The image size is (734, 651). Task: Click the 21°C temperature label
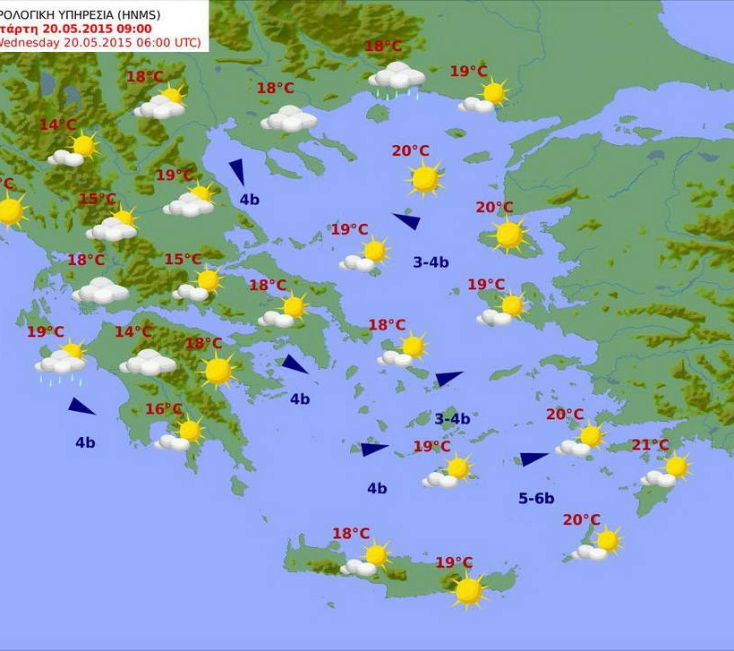point(650,445)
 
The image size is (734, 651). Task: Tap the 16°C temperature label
point(164,409)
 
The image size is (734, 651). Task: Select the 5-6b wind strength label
point(536,498)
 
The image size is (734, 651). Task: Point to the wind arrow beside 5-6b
point(533,458)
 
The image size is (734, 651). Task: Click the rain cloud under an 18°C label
point(397,77)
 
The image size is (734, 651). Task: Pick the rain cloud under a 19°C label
point(60,363)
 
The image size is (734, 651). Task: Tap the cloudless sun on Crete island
point(468,590)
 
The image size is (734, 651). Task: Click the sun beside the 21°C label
point(677,467)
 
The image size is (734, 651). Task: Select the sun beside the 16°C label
point(190,431)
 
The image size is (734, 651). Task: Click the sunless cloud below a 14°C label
point(148,363)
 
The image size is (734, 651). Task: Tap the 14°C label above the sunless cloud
point(133,332)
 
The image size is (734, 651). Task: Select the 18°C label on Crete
point(351,534)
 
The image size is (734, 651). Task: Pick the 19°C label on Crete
point(454,562)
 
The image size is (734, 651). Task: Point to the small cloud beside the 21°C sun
point(658,479)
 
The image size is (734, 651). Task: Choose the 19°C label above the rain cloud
point(45,332)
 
